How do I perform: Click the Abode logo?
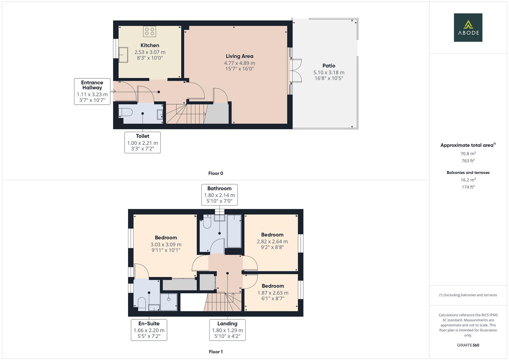click(468, 27)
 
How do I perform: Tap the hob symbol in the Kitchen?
click(150, 31)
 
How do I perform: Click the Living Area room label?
click(239, 56)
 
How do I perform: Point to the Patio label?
click(329, 66)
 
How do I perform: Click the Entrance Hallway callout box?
click(92, 92)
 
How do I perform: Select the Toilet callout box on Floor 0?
click(143, 142)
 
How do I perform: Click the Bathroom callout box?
click(219, 195)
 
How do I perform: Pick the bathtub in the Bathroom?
click(234, 231)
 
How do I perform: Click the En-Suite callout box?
click(149, 330)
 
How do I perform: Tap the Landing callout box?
click(227, 330)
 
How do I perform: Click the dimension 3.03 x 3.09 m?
click(166, 244)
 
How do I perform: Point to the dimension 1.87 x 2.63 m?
click(273, 293)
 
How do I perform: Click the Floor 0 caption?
click(216, 173)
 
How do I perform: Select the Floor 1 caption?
click(216, 352)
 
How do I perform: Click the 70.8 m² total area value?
click(468, 154)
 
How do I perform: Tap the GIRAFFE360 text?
click(468, 345)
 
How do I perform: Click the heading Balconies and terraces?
click(468, 173)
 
